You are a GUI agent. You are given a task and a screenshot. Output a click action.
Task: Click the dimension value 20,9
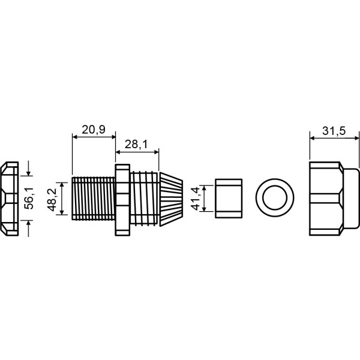[94, 130]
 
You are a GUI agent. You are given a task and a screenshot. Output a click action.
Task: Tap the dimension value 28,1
[136, 145]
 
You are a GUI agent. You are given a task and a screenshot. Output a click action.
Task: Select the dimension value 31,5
[334, 131]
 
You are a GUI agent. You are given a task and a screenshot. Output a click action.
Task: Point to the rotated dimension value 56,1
[29, 198]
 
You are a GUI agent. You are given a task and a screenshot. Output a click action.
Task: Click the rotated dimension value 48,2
[52, 200]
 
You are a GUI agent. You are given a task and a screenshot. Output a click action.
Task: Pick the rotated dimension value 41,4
[196, 199]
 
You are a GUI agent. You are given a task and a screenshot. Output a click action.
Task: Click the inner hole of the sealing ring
[275, 197]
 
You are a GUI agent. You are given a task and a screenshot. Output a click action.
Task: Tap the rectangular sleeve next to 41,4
[229, 198]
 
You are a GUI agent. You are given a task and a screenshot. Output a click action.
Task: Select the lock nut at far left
[10, 199]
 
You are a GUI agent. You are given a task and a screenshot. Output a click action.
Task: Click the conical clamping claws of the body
[171, 199]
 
